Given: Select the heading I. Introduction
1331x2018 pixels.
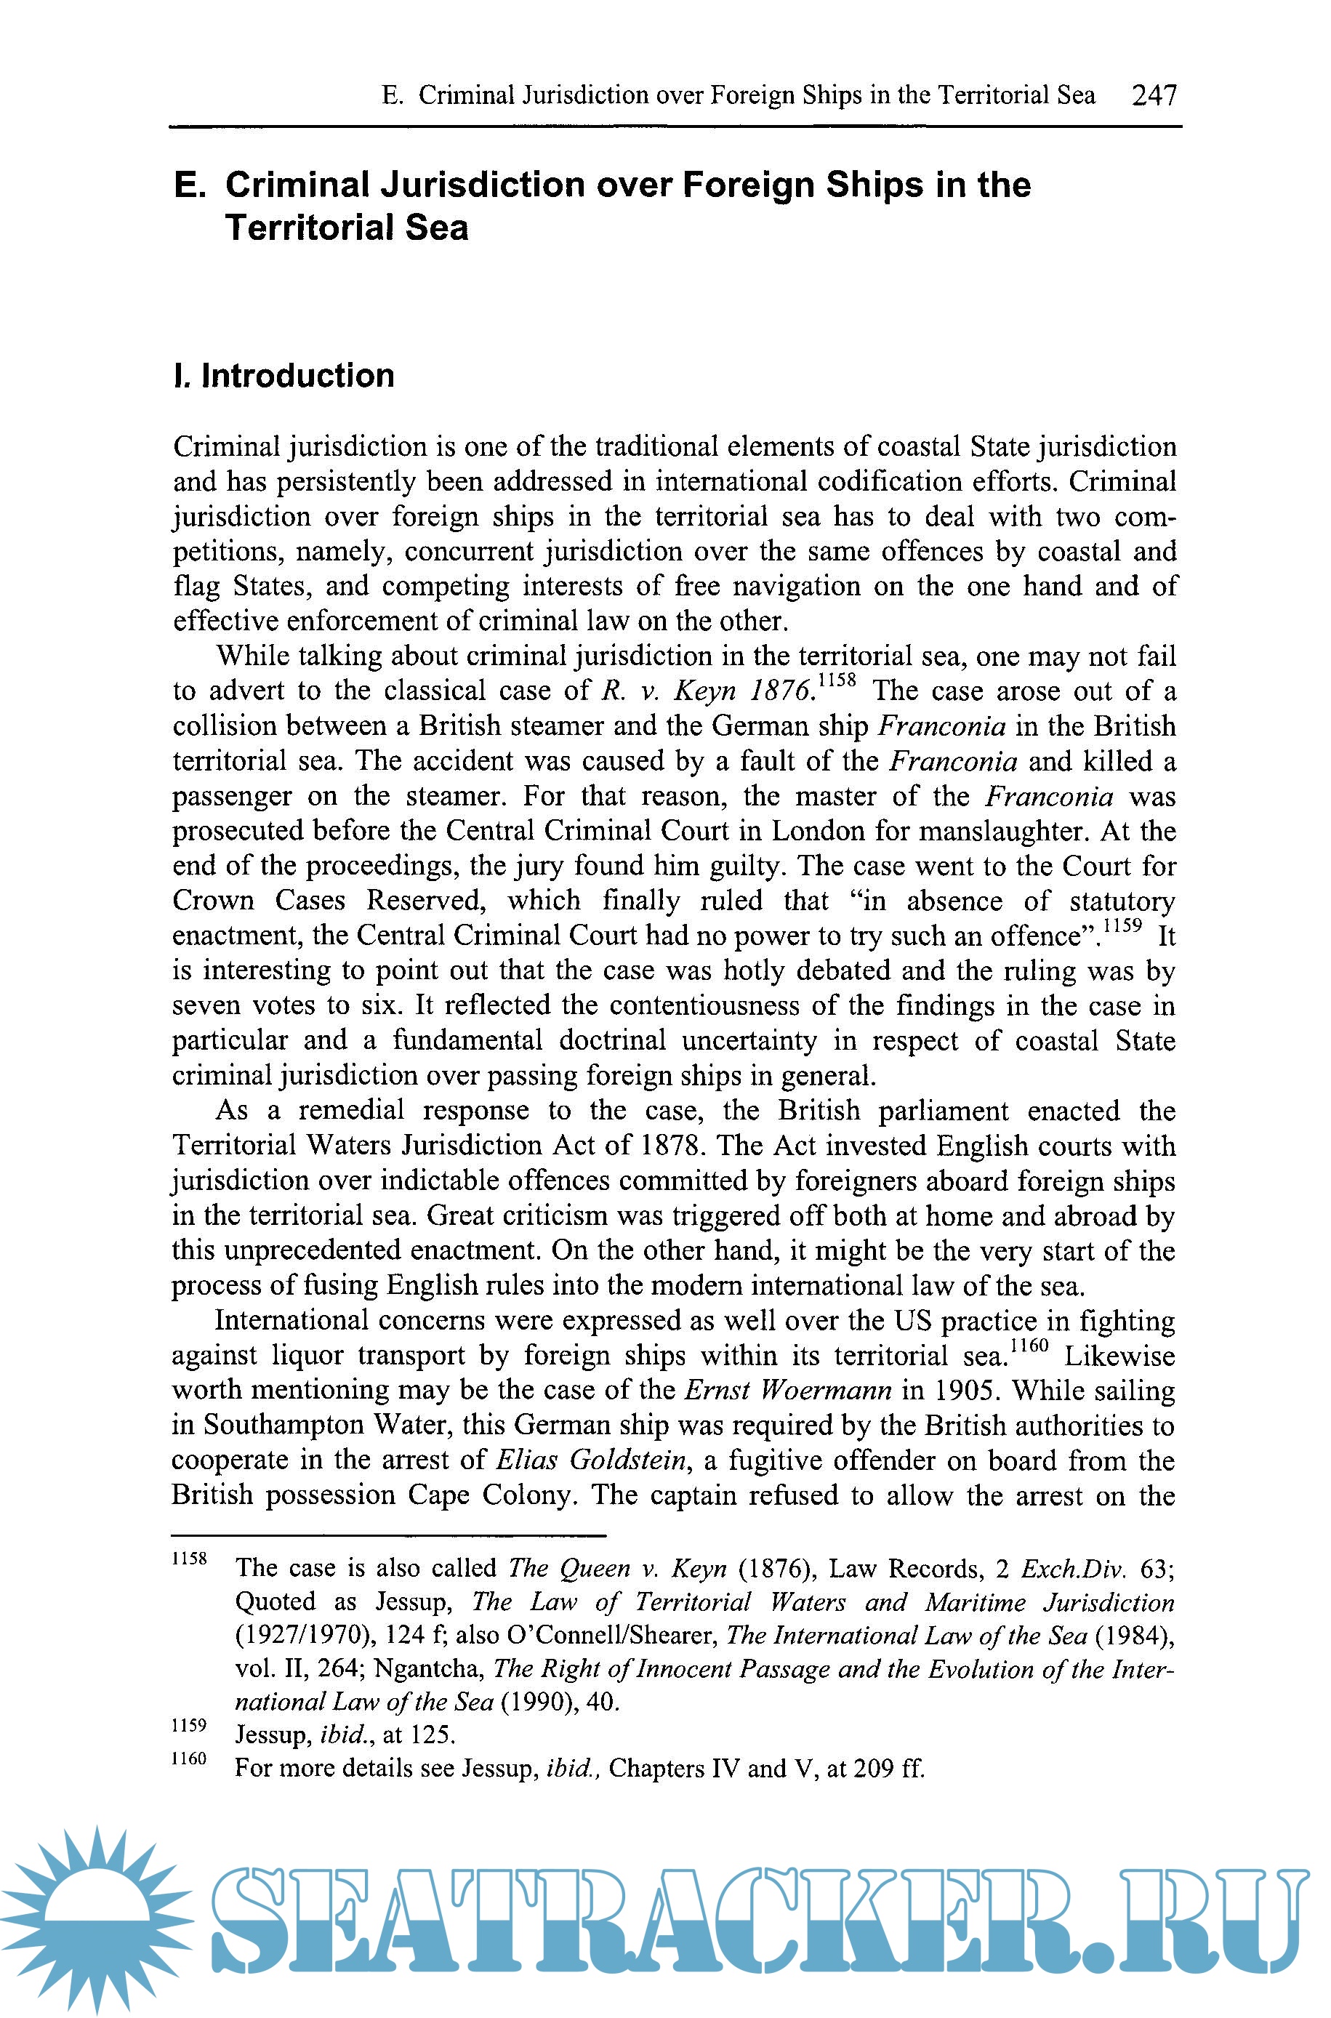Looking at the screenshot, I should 284,375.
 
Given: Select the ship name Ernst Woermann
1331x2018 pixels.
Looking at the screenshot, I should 788,1389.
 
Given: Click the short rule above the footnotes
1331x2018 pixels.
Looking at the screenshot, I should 388,1535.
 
